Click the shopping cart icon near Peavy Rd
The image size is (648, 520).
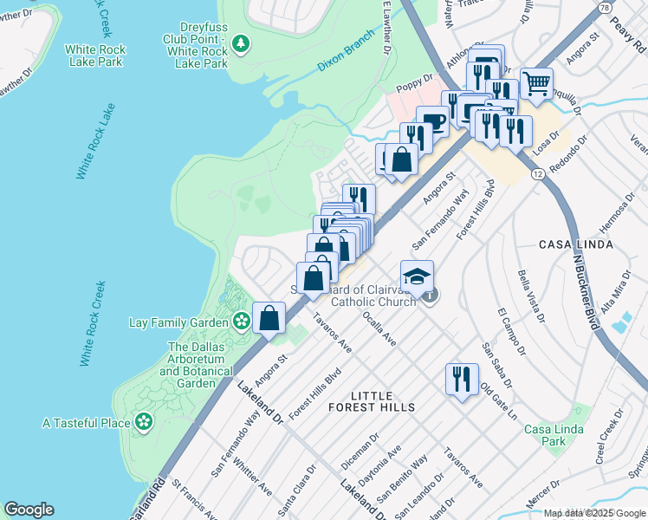(537, 84)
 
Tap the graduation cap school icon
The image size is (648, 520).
(417, 276)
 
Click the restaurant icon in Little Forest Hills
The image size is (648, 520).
(461, 379)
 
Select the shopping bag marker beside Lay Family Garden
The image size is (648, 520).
(269, 318)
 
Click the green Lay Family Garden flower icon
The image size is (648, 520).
(241, 322)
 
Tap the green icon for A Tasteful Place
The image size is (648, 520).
(143, 423)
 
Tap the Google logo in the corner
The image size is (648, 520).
(29, 510)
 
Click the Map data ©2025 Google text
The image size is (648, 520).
(594, 512)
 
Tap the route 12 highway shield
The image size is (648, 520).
(538, 174)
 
